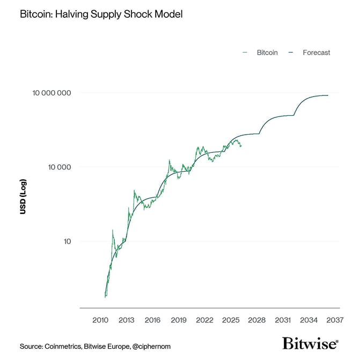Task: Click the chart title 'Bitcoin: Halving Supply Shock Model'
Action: click(x=101, y=14)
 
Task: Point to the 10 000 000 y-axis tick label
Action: click(x=52, y=93)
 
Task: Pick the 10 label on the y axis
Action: click(x=67, y=241)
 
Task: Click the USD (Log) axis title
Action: click(x=23, y=196)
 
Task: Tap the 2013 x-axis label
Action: click(x=126, y=320)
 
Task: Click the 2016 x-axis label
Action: click(x=152, y=320)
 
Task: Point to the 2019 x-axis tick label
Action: click(x=178, y=320)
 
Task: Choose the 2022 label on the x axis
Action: click(x=204, y=320)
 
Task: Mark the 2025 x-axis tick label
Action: click(x=231, y=320)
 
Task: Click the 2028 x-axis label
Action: click(x=256, y=320)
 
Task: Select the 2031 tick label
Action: click(x=283, y=320)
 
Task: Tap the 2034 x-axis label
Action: click(x=309, y=320)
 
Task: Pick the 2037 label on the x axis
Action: click(x=335, y=320)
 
